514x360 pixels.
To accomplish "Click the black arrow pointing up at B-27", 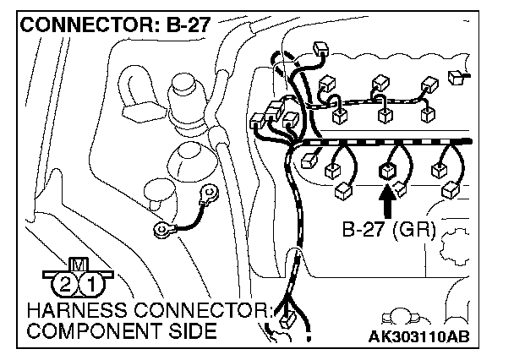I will [387, 202].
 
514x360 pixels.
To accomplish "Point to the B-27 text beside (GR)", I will [369, 229].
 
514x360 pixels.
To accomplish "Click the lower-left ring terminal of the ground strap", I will [161, 228].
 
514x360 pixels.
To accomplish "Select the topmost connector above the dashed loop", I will [319, 49].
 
